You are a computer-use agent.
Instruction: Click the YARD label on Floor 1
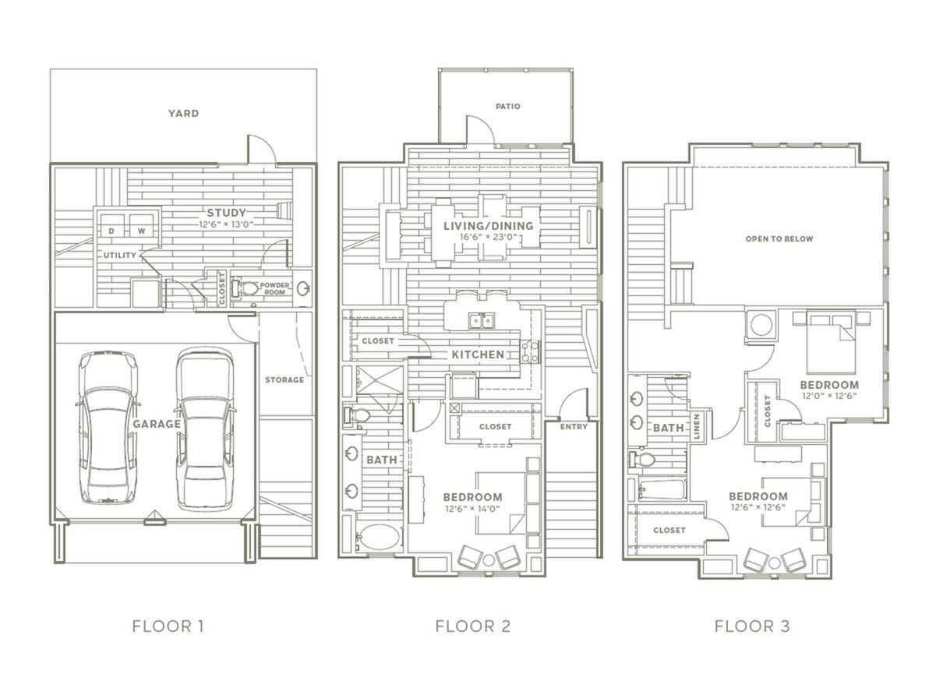coord(183,113)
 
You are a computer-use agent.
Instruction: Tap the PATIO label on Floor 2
coord(507,107)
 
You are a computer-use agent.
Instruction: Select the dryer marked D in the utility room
coord(111,226)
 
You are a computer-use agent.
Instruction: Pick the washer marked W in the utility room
coord(142,226)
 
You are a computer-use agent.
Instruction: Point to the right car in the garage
coord(204,429)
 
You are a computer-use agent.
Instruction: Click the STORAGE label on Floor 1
coord(284,379)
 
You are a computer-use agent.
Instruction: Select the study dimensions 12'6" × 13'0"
coord(226,224)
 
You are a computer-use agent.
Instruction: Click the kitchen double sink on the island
coord(482,321)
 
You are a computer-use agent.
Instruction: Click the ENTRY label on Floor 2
coord(574,426)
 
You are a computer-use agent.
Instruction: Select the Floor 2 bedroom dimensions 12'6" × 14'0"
coord(472,509)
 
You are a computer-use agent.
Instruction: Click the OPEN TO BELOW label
coord(779,239)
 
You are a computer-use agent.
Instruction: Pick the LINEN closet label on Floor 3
coord(697,426)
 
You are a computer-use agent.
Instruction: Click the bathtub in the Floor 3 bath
coord(662,490)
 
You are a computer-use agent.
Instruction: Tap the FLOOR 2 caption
coord(472,626)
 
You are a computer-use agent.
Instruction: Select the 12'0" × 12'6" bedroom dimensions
coord(829,395)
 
